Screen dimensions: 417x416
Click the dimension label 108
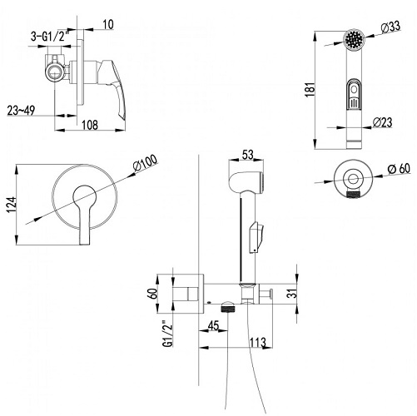pyautogui.click(x=90, y=125)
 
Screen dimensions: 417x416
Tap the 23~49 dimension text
pyautogui.click(x=21, y=111)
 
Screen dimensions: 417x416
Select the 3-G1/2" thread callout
pyautogui.click(x=50, y=37)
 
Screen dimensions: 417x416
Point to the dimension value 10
pyautogui.click(x=108, y=24)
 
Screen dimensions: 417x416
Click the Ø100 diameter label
pyautogui.click(x=145, y=163)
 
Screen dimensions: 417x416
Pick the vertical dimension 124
pyautogui.click(x=12, y=205)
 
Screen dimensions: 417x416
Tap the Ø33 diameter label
pyautogui.click(x=390, y=27)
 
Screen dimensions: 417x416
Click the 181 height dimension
pyautogui.click(x=310, y=89)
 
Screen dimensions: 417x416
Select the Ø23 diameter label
pyautogui.click(x=382, y=122)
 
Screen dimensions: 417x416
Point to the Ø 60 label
pyautogui.click(x=399, y=168)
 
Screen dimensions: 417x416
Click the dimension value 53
pyautogui.click(x=247, y=155)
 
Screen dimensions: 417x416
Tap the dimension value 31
pyautogui.click(x=292, y=293)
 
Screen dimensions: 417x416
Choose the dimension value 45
pyautogui.click(x=213, y=326)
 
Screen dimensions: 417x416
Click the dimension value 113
pyautogui.click(x=258, y=343)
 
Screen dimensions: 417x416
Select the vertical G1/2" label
pyautogui.click(x=168, y=333)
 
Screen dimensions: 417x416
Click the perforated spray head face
pyautogui.click(x=354, y=39)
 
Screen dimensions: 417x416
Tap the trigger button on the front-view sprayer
pyautogui.click(x=354, y=94)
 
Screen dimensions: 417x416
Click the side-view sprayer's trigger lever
pyautogui.click(x=256, y=236)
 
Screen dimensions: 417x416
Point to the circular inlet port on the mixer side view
pyautogui.click(x=55, y=72)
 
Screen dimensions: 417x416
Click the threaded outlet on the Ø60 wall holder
pyautogui.click(x=352, y=195)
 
